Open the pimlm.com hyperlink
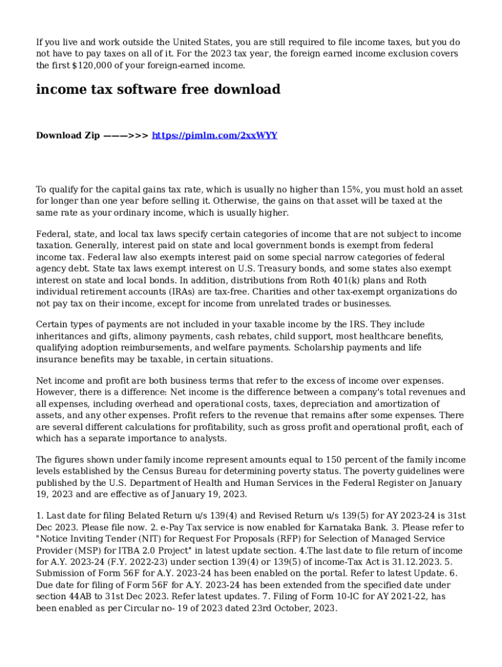214,135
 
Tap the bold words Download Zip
68,135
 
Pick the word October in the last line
282,608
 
